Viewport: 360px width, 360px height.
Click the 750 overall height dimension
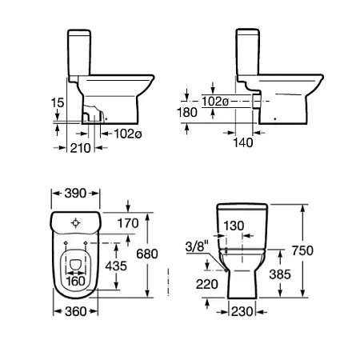(x=302, y=250)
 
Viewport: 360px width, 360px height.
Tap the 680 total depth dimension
(x=147, y=254)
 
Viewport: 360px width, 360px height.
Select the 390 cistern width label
(x=75, y=194)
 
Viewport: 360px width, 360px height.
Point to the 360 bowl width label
(x=75, y=311)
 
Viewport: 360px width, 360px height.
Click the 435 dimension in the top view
(x=116, y=266)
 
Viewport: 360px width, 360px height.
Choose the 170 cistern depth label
(x=128, y=223)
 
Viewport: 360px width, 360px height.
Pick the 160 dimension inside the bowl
(x=75, y=281)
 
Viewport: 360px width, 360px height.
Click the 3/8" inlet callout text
(x=197, y=247)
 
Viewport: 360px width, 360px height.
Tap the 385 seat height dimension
(x=280, y=274)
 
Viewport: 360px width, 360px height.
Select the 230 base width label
(x=242, y=311)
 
